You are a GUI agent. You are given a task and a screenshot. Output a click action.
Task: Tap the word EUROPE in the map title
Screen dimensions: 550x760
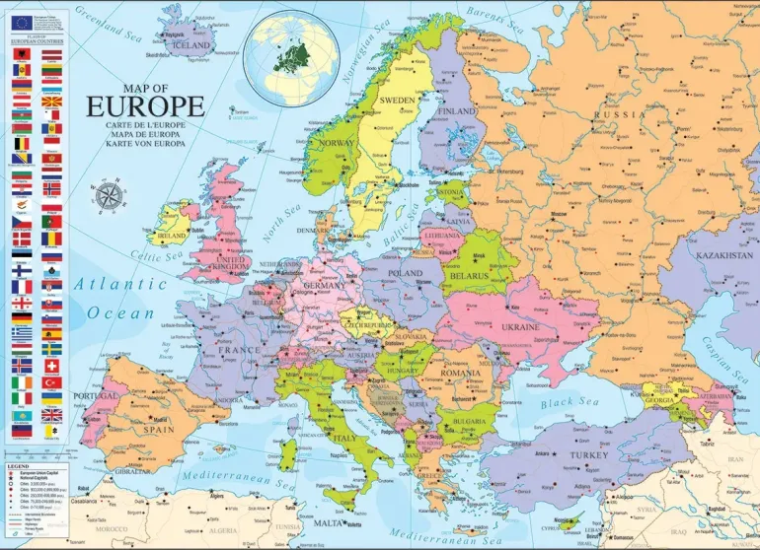click(145, 106)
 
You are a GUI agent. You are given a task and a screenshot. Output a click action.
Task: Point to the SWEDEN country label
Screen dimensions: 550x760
click(397, 101)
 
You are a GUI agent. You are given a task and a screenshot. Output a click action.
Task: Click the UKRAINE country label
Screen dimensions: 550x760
click(520, 326)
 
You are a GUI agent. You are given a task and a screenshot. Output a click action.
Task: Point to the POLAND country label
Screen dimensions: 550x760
click(406, 272)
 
